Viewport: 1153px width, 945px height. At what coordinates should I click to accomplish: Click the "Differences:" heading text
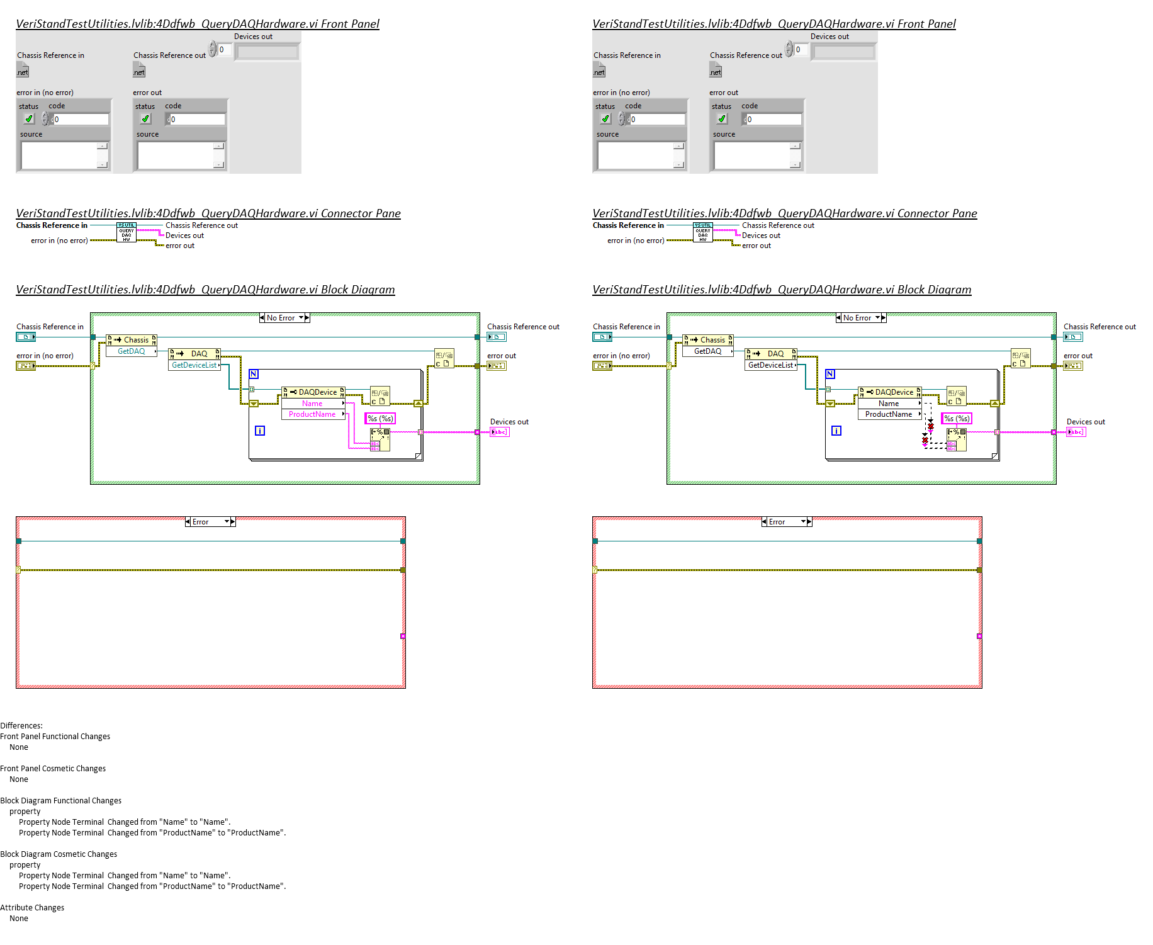pyautogui.click(x=21, y=725)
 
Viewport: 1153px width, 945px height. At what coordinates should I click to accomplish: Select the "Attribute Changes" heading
pyautogui.click(x=32, y=907)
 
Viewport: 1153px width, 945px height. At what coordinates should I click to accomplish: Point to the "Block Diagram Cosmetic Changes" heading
pyautogui.click(x=59, y=854)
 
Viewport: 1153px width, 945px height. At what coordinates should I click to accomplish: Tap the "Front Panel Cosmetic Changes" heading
pyautogui.click(x=53, y=768)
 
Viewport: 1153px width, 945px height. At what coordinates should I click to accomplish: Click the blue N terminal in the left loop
pyautogui.click(x=254, y=374)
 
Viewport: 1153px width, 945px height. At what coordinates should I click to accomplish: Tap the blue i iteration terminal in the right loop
pyautogui.click(x=836, y=431)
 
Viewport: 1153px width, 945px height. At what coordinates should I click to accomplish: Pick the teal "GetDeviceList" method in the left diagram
pyautogui.click(x=194, y=365)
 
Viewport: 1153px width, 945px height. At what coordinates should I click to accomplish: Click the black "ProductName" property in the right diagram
pyautogui.click(x=889, y=414)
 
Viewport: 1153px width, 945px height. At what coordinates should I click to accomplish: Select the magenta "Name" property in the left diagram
pyautogui.click(x=312, y=404)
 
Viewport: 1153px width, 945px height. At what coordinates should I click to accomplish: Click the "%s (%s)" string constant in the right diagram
pyautogui.click(x=957, y=419)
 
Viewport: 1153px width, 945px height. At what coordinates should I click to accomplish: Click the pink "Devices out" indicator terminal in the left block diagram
pyautogui.click(x=499, y=432)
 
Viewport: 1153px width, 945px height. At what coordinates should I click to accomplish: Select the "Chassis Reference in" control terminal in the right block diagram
pyautogui.click(x=602, y=337)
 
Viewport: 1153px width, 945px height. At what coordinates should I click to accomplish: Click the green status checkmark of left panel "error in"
pyautogui.click(x=29, y=118)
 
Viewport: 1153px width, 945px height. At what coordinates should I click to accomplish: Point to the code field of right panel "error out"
pyautogui.click(x=773, y=119)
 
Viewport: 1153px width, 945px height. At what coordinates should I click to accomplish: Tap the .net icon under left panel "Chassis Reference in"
pyautogui.click(x=23, y=71)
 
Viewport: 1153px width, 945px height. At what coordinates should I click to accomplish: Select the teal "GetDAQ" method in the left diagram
pyautogui.click(x=132, y=351)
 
